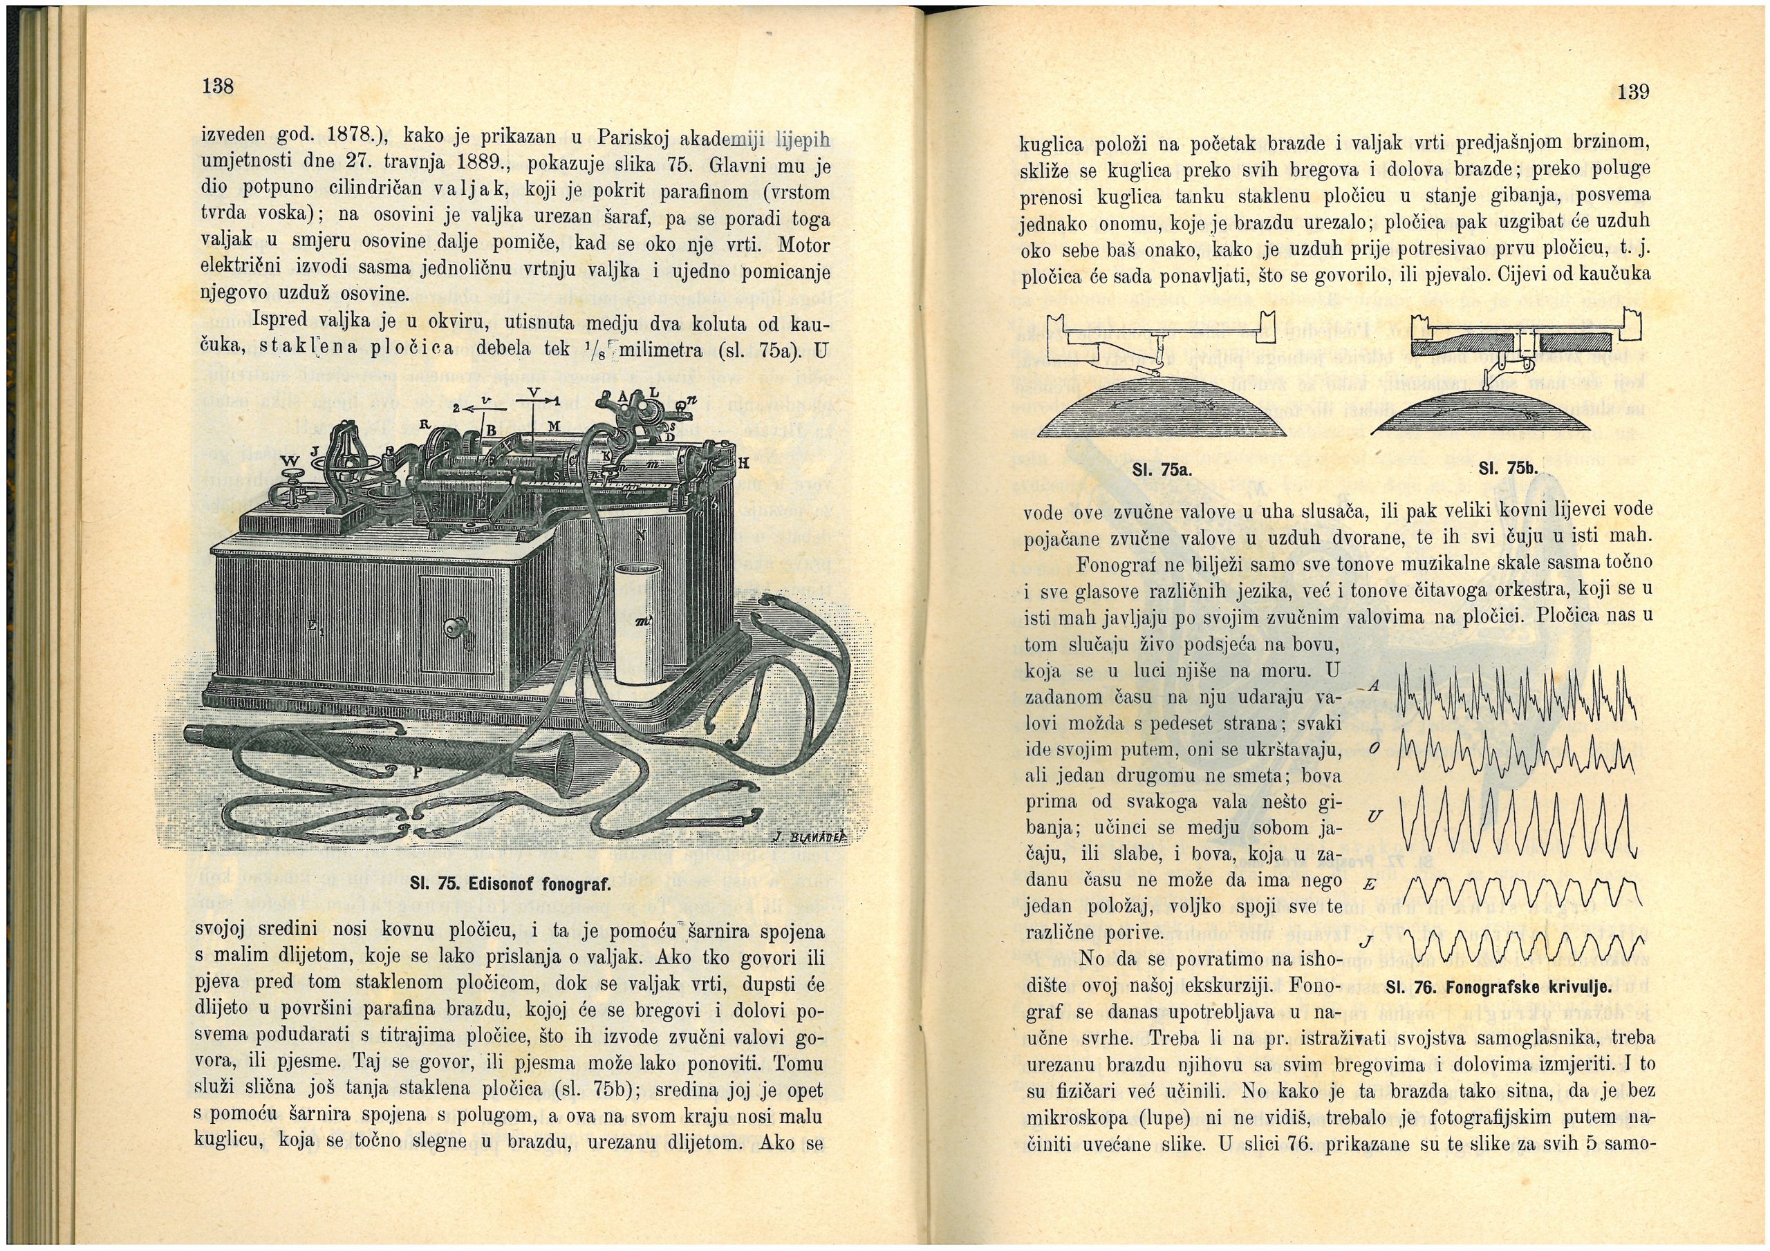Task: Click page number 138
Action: point(217,86)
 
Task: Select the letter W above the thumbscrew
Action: point(290,461)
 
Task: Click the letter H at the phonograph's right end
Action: point(743,463)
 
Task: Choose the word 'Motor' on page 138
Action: point(803,245)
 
